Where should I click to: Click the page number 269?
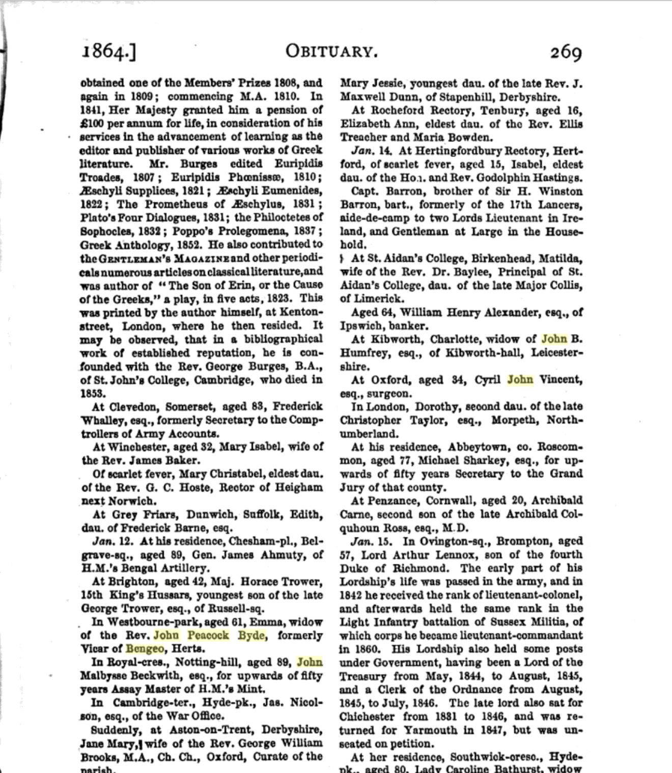565,52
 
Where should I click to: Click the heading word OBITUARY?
331,51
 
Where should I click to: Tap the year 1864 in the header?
104,52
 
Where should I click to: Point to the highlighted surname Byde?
251,636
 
